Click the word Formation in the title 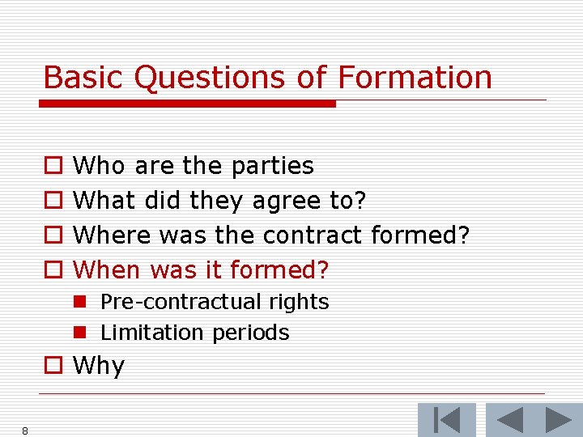point(415,78)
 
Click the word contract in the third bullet point(313,235)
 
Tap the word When point(108,269)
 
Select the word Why point(99,366)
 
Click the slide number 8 point(25,431)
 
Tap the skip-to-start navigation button point(446,420)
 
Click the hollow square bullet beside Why point(53,366)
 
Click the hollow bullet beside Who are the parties point(53,167)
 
